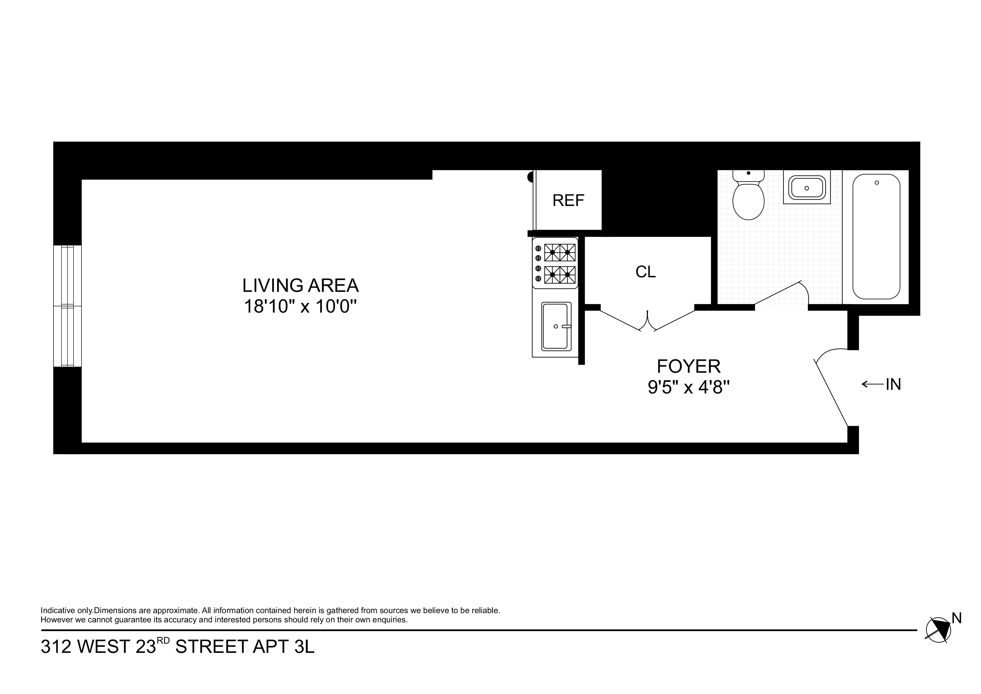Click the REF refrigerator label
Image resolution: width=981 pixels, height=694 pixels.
click(568, 201)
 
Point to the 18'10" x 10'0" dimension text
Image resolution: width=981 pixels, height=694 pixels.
click(300, 307)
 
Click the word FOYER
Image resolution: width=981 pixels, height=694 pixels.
click(688, 367)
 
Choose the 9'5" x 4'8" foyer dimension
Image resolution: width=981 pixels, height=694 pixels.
click(688, 388)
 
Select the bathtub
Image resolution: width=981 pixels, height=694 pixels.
click(876, 236)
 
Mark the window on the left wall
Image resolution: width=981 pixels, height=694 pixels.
click(67, 306)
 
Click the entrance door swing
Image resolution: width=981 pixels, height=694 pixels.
click(831, 391)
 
